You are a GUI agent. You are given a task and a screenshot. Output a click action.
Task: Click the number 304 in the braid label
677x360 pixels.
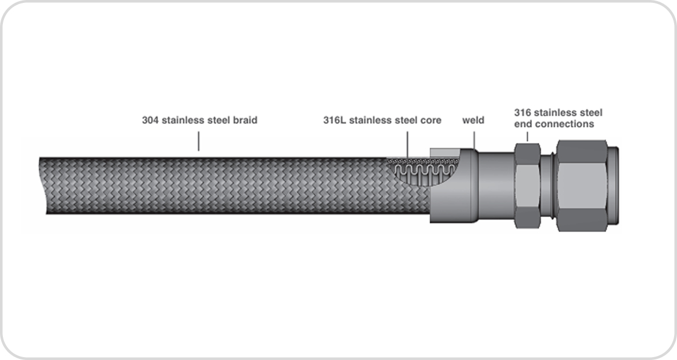150,121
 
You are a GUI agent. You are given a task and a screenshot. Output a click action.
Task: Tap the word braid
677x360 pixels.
245,121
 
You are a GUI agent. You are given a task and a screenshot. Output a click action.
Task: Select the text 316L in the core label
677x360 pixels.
334,121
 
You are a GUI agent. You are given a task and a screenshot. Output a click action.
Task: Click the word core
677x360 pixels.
431,121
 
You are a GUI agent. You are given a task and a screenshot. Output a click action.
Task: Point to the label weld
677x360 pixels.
473,121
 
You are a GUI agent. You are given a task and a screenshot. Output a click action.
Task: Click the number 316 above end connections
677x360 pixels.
523,113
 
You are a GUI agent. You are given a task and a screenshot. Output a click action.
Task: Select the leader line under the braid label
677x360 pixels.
199,141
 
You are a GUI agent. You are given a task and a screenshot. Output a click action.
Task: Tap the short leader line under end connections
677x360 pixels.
527,137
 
